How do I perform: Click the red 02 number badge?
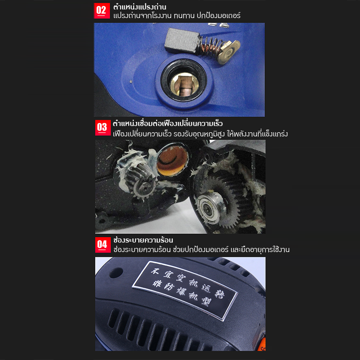(x=102, y=10)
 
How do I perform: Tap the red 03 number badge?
(x=103, y=128)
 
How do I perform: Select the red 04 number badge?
(x=103, y=245)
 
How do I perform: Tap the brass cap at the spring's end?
(x=229, y=51)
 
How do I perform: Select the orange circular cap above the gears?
(x=172, y=161)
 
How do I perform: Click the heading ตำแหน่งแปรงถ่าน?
(x=139, y=7)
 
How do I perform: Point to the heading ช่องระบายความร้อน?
(x=143, y=240)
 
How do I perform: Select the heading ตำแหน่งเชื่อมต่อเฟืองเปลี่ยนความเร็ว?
(x=167, y=123)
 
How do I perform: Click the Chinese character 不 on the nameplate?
(x=155, y=271)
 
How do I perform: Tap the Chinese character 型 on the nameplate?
(x=206, y=302)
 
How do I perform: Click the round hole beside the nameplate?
(x=117, y=273)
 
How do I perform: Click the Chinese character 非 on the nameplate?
(x=157, y=284)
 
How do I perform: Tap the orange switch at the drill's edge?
(x=263, y=344)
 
